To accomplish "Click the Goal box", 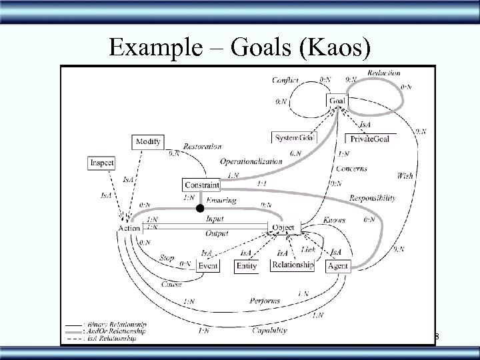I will [x=337, y=101].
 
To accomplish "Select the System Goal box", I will [x=294, y=137].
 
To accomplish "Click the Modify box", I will [x=148, y=142].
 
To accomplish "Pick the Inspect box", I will [x=101, y=163].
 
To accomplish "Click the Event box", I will [x=208, y=265].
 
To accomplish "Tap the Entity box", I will [x=247, y=265].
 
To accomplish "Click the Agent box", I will [x=337, y=265].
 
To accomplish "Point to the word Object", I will [x=283, y=228].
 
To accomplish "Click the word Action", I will [x=129, y=228].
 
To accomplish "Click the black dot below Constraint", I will [x=198, y=209].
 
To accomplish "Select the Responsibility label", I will [x=372, y=198].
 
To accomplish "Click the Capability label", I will [x=270, y=329].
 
